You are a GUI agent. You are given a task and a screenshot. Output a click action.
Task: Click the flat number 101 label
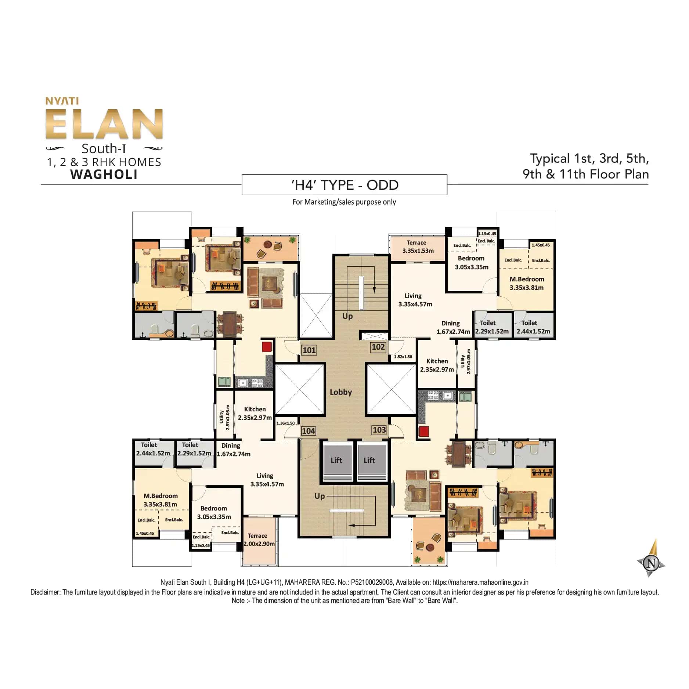[309, 350]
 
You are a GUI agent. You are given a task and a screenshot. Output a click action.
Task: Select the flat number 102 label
[378, 347]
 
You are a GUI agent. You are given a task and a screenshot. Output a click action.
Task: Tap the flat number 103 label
[379, 430]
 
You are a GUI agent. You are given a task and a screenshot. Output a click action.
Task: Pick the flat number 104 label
[308, 431]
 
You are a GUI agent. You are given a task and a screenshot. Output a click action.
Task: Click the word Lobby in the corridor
[340, 392]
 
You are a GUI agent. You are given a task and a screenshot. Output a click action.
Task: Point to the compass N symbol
[652, 563]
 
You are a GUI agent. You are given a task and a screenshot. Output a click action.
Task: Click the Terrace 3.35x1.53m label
[417, 247]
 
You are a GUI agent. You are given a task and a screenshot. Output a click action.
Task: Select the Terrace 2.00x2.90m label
[259, 540]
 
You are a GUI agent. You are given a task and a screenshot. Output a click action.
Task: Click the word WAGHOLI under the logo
[104, 174]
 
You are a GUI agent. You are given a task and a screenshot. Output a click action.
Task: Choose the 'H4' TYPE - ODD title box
[344, 185]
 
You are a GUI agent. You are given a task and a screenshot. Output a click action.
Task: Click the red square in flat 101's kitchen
[267, 347]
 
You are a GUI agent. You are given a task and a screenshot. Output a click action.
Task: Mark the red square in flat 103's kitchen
[423, 431]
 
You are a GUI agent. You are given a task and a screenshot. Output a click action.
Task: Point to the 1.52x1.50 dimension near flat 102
[403, 357]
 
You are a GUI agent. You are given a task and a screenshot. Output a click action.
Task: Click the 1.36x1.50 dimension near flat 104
[285, 423]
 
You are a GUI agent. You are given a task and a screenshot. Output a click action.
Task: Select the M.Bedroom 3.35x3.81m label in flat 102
[526, 283]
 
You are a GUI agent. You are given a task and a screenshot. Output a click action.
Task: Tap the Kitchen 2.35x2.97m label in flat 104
[255, 413]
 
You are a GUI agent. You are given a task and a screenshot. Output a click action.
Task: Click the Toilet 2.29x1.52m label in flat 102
[491, 327]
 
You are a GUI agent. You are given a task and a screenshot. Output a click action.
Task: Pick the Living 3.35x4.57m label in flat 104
[267, 480]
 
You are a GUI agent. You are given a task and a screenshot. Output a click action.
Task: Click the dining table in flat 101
[230, 324]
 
